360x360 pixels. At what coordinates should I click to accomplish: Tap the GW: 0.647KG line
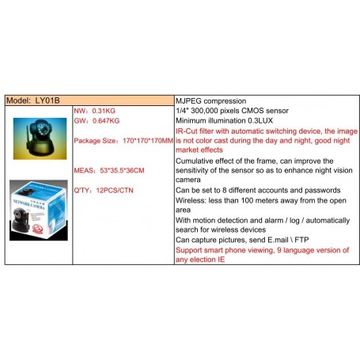97,121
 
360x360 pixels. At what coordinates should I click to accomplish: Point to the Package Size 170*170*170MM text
123,141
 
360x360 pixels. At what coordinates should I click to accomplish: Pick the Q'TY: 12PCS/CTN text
104,190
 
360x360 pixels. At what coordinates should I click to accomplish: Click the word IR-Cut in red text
188,131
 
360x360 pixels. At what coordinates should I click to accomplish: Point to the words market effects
199,150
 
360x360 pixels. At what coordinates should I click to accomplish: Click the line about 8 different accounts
257,190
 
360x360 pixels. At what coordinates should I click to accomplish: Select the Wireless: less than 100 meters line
261,200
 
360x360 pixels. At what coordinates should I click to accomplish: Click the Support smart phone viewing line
261,250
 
